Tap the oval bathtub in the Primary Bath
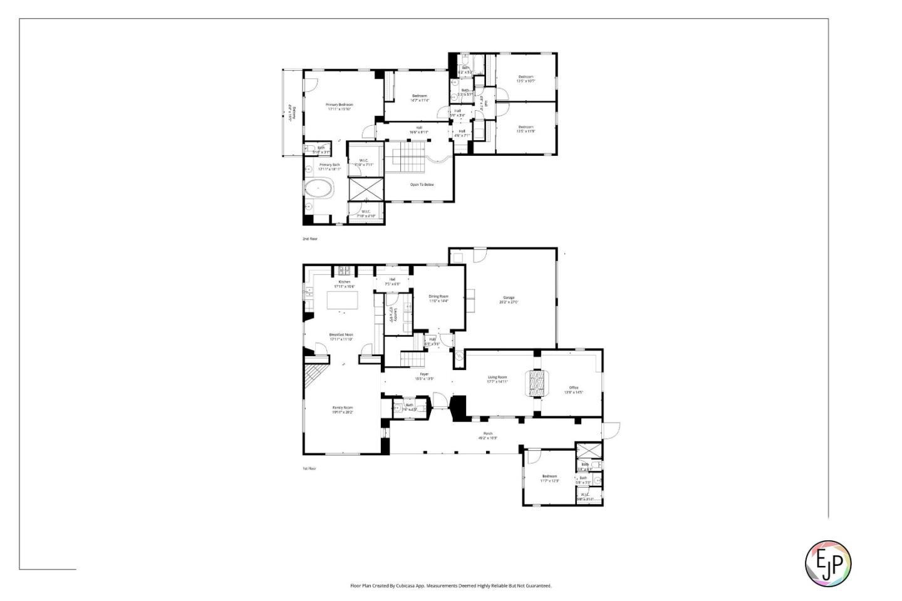319,188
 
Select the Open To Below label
422,185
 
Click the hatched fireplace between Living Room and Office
536,383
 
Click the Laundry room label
391,314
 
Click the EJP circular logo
827,563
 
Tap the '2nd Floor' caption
310,239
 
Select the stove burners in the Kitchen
345,271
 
